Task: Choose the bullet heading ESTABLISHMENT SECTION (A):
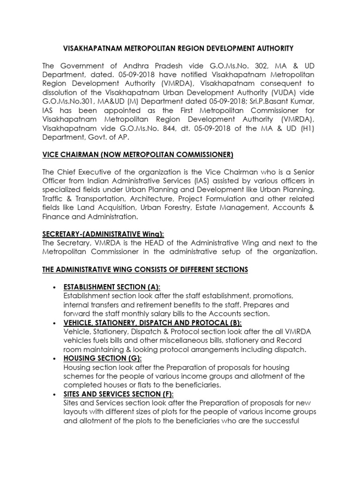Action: coord(115,287)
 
